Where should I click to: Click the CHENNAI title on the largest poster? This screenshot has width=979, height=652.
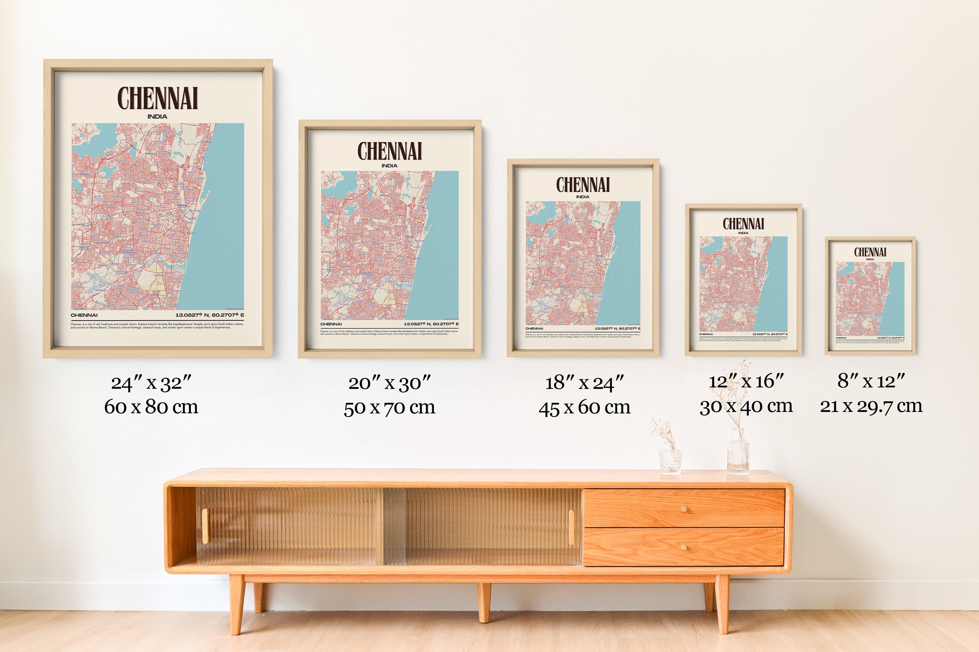pos(157,98)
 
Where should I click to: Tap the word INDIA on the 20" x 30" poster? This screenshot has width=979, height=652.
pos(389,166)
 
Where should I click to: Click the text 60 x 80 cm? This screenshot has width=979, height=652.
pos(151,407)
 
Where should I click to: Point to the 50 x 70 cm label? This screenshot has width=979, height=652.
pos(389,407)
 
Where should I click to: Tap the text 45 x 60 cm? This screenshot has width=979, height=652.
pos(584,407)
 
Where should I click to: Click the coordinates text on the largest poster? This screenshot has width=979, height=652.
pos(210,315)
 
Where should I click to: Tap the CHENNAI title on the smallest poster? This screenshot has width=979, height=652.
pos(870,252)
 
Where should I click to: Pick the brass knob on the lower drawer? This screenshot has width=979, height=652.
pos(684,548)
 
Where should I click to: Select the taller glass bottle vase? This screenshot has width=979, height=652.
pos(738,453)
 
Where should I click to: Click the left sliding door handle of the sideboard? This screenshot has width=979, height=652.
pos(205,526)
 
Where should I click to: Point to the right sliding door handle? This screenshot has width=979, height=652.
pos(571,527)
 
